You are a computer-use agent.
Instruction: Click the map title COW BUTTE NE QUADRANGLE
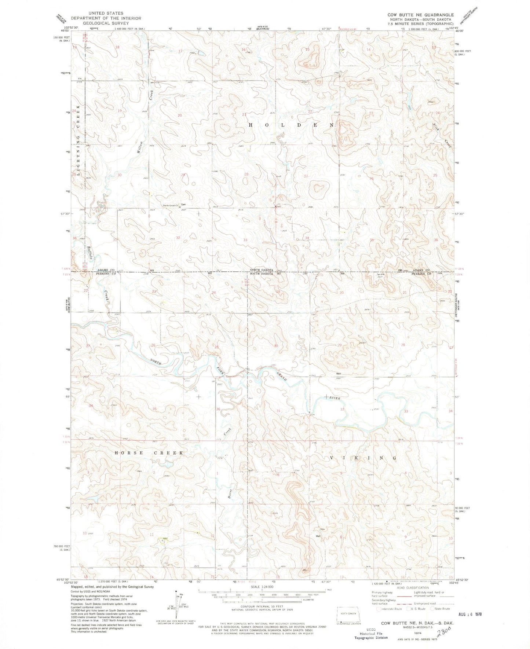pyautogui.click(x=420, y=15)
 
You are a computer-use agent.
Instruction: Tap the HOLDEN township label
pyautogui.click(x=292, y=125)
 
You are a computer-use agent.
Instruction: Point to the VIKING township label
pyautogui.click(x=361, y=458)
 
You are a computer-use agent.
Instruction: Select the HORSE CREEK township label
pyautogui.click(x=149, y=453)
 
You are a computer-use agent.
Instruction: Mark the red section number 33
pyautogui.click(x=245, y=240)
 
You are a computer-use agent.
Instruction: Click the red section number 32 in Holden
pyautogui.click(x=178, y=238)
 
